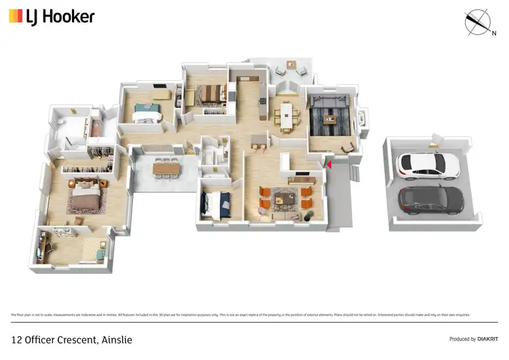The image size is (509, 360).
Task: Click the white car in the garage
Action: [x=425, y=164]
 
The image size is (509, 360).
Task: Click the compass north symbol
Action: [x=480, y=22]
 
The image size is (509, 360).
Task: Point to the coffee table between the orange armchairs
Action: [x=284, y=198]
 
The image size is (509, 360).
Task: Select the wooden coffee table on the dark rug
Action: [x=331, y=119]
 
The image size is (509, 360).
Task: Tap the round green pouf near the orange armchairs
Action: [x=309, y=216]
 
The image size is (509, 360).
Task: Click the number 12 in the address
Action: [x=16, y=338]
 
